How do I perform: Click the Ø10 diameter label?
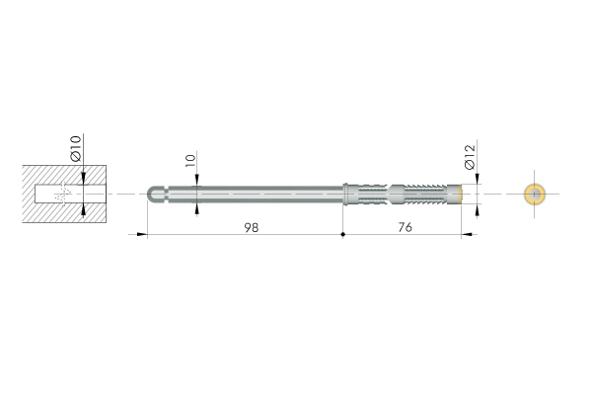point(76,148)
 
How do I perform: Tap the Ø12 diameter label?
point(470,157)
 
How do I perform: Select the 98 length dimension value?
point(252,227)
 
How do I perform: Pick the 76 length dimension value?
point(406,227)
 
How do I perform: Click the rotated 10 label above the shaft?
point(190,160)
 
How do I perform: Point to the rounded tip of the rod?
point(150,195)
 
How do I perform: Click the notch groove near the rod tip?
point(166,195)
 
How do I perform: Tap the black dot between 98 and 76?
point(342,234)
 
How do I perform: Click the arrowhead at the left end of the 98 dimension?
point(142,234)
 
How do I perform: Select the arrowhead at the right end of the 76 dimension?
point(467,234)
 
